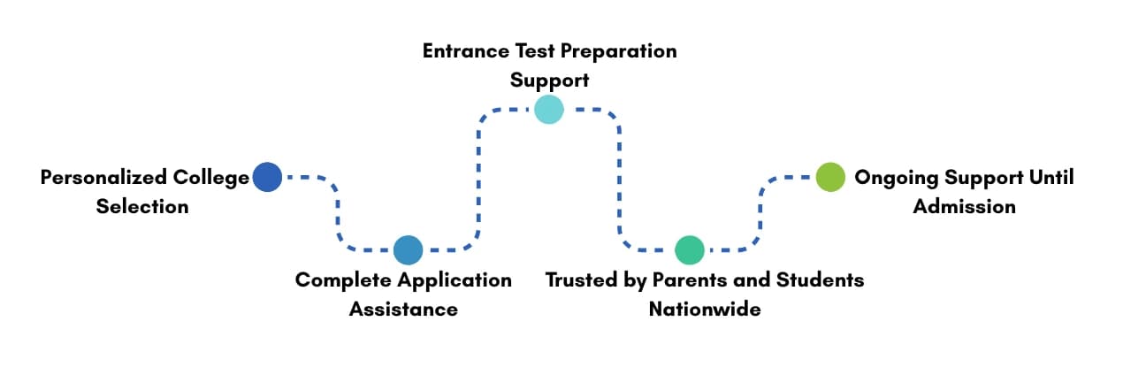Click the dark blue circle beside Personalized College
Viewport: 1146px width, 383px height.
point(267,177)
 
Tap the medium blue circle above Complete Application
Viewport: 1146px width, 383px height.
point(408,250)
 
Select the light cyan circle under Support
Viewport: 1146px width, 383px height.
point(548,109)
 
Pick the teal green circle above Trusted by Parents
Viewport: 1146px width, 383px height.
point(689,250)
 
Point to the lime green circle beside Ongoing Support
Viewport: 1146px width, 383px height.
point(829,177)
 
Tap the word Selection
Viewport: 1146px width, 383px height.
point(142,207)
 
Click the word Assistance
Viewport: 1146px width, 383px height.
point(403,310)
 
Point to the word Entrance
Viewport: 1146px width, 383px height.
point(464,50)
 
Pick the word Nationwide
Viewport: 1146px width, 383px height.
point(705,310)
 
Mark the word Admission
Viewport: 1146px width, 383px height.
point(964,207)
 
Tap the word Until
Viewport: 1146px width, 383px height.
point(1051,178)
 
